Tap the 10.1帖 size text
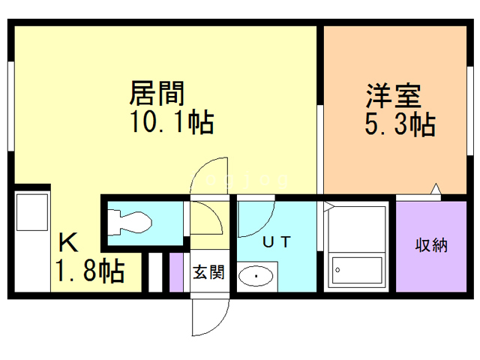click(x=171, y=122)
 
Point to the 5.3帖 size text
click(x=399, y=124)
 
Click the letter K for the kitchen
click(x=68, y=243)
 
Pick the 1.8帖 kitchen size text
click(x=88, y=271)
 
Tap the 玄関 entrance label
click(x=208, y=272)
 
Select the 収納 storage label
click(x=431, y=245)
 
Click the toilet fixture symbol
click(x=129, y=221)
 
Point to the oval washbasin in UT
click(x=256, y=277)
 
